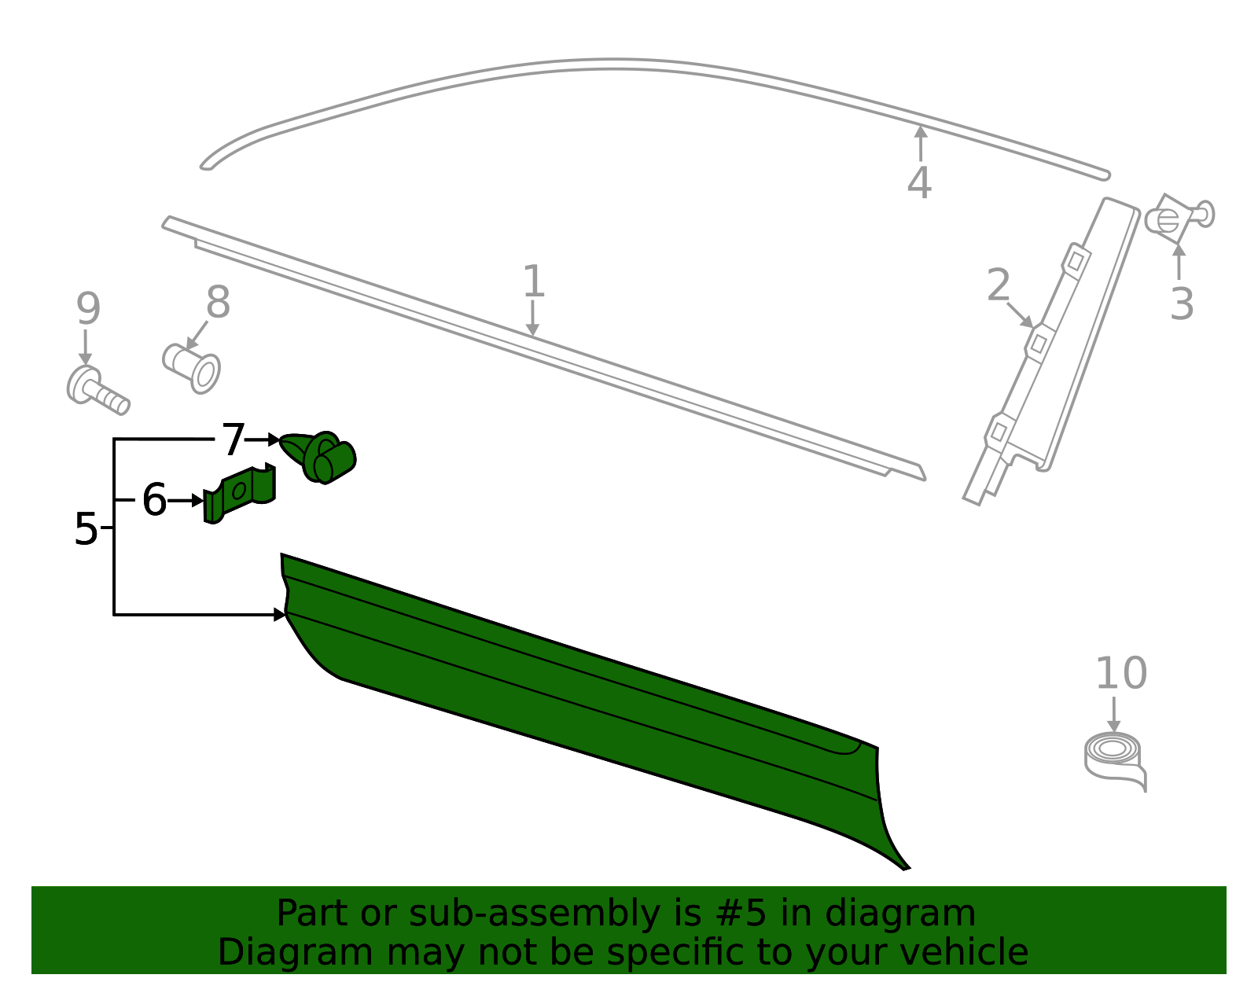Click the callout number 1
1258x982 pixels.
pos(533,281)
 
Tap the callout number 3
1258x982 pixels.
pos(1181,304)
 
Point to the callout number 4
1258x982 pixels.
pos(919,183)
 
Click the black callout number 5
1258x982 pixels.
pos(86,529)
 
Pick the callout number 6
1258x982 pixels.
pos(154,500)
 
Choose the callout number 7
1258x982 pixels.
pos(234,440)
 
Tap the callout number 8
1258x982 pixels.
pos(218,302)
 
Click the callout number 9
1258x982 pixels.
pos(88,309)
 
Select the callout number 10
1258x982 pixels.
pos(1120,674)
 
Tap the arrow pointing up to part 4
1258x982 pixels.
pos(921,142)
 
